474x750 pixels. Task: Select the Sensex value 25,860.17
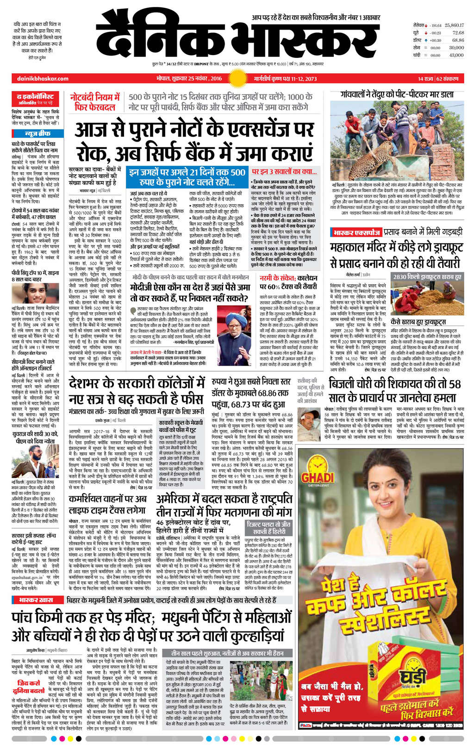pyautogui.click(x=454, y=25)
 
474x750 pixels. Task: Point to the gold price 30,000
pyautogui.click(x=456, y=47)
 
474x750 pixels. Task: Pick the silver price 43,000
pyautogui.click(x=456, y=55)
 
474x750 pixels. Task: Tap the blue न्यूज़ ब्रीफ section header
pyautogui.click(x=37, y=134)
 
